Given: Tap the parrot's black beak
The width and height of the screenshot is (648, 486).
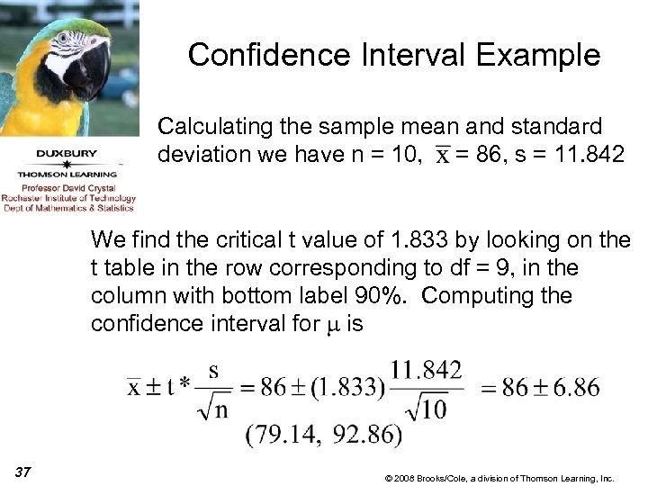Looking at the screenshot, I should pyautogui.click(x=91, y=72).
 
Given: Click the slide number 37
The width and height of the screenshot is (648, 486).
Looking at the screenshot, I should pyautogui.click(x=23, y=470).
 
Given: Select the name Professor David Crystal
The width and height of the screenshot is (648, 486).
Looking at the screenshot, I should pyautogui.click(x=67, y=187).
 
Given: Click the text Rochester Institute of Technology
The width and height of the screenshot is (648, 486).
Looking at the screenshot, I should pyautogui.click(x=68, y=198).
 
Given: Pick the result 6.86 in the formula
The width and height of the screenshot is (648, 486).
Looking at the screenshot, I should pyautogui.click(x=573, y=388).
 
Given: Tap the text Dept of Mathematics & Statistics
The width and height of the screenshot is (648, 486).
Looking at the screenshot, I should pyautogui.click(x=67, y=208).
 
